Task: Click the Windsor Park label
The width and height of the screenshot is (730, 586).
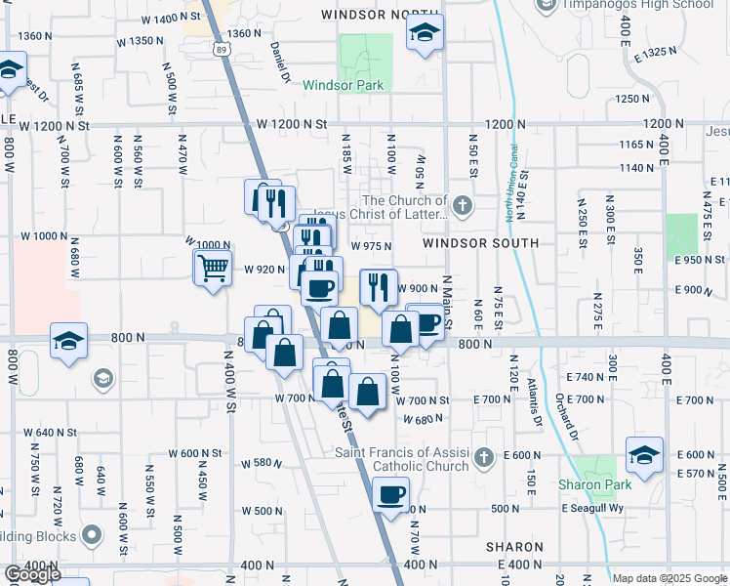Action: [x=343, y=85]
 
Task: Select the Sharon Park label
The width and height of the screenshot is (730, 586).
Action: [x=594, y=484]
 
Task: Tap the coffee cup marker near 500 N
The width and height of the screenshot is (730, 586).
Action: [x=391, y=496]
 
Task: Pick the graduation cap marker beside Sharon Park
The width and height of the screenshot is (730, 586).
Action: [x=644, y=454]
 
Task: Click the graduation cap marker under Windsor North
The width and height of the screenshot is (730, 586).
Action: [x=425, y=34]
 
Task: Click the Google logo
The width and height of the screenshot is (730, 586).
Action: [x=31, y=574]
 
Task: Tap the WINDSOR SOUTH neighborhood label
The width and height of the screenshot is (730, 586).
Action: [x=480, y=242]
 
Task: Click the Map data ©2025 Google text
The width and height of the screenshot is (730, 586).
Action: [x=669, y=578]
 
